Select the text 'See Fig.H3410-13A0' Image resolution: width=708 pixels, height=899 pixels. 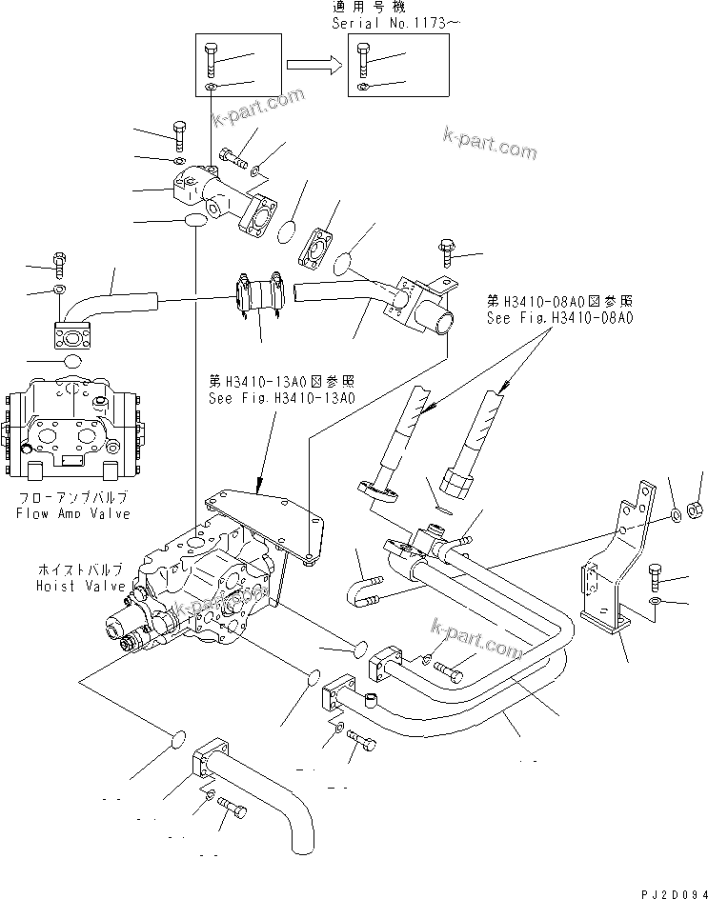(281, 398)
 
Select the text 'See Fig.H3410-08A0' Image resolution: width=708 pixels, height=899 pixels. (559, 319)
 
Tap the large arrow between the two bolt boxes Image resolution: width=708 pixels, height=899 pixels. (315, 65)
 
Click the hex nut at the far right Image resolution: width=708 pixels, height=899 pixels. (697, 504)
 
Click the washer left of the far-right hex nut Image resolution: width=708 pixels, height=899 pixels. (675, 516)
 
